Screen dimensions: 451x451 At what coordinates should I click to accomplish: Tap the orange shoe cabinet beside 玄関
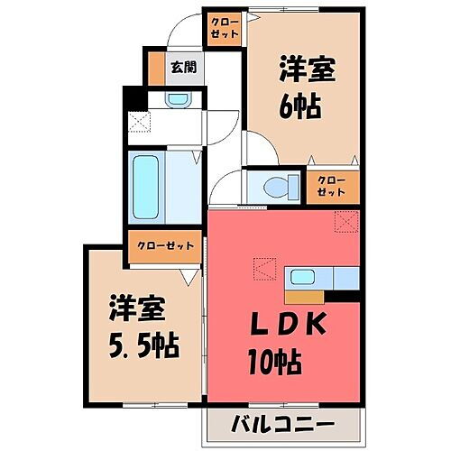156,68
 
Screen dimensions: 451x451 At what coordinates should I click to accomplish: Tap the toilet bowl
278,187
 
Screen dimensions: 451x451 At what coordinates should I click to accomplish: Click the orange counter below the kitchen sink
304,294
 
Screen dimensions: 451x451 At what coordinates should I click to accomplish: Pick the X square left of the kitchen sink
262,268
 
